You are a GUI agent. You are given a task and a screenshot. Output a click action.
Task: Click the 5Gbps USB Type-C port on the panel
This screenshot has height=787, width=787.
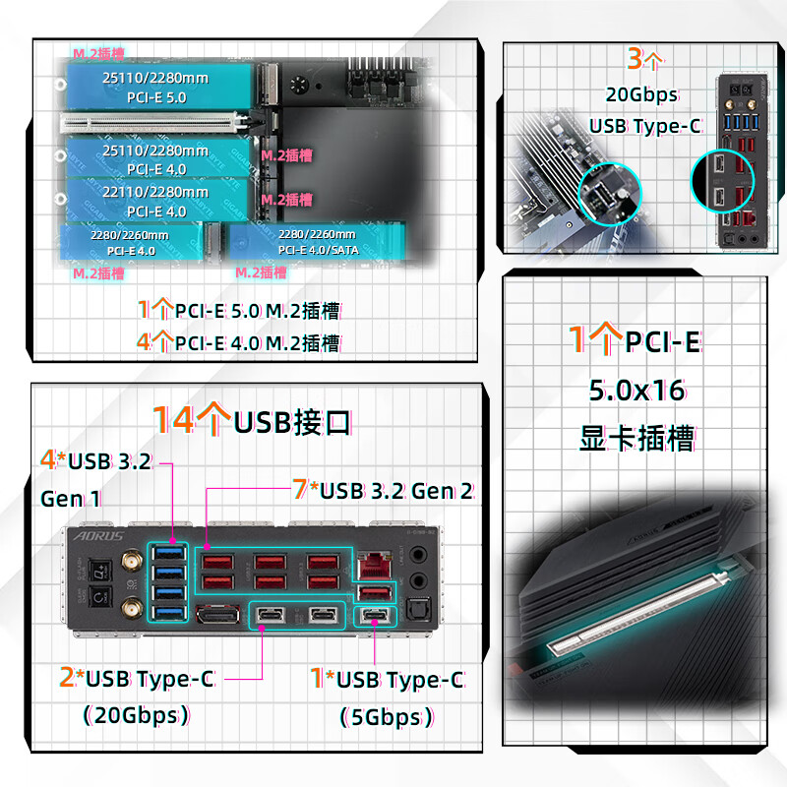click(375, 617)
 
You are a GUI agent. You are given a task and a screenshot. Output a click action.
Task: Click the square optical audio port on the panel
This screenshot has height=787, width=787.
click(417, 610)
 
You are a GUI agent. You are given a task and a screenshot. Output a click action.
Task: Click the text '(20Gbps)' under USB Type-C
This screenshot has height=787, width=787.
click(137, 715)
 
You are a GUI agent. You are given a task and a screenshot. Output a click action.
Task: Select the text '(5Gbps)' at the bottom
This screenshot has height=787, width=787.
click(387, 717)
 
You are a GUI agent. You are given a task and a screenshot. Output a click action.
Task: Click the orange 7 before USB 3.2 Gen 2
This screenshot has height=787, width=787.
click(300, 488)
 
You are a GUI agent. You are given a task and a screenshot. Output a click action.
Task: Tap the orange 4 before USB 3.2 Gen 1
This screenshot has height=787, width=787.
click(47, 459)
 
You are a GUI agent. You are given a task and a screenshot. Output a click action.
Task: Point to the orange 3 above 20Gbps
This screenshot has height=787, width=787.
click(636, 59)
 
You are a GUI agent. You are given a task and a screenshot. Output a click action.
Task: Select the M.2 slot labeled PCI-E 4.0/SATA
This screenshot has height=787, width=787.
click(315, 242)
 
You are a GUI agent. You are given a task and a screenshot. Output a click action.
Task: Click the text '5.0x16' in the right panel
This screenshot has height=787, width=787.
click(636, 391)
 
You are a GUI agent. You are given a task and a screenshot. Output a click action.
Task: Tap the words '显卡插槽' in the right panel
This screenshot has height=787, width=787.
click(636, 438)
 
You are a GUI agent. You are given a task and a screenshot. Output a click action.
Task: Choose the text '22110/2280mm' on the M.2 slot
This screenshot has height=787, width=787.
click(155, 192)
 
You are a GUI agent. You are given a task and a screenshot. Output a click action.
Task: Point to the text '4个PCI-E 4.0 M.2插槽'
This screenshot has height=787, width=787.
click(239, 343)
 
